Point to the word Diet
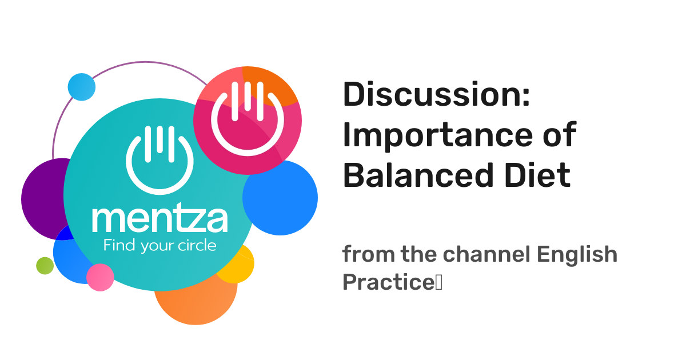541,175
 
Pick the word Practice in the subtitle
389,282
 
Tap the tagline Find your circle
159,246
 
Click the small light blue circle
81,87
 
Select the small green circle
45,266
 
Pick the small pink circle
100,277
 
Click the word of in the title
557,136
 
